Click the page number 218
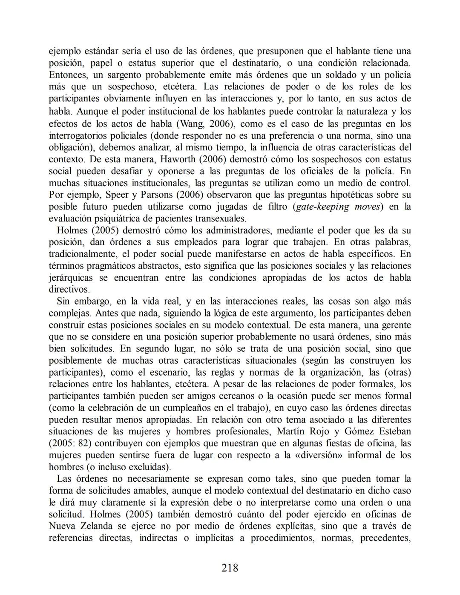[230, 568]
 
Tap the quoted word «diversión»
[319, 455]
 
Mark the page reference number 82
[83, 443]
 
